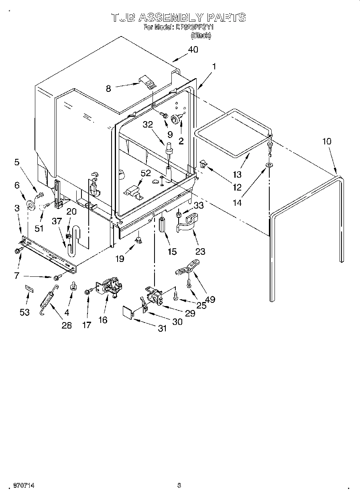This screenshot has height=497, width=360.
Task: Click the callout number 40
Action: [193, 50]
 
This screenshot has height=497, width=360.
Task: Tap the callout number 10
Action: [327, 141]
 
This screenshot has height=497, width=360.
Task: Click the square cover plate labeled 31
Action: [128, 312]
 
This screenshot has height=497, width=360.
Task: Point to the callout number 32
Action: [148, 125]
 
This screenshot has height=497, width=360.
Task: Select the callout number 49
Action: [210, 299]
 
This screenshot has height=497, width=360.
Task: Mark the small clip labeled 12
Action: [203, 163]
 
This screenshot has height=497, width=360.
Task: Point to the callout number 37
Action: [57, 221]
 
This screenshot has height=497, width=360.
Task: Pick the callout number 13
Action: [237, 174]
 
